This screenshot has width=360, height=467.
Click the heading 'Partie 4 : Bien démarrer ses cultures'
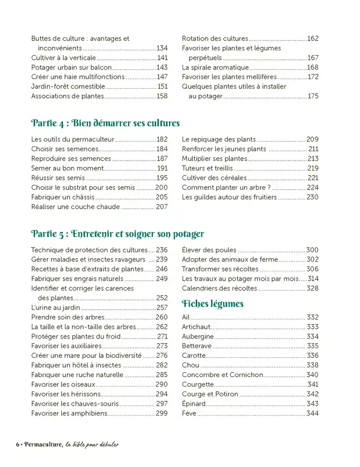pyautogui.click(x=105, y=124)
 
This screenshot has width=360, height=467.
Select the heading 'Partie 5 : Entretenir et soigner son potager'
pyautogui.click(x=117, y=234)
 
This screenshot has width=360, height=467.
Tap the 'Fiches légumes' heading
pyautogui.click(x=212, y=304)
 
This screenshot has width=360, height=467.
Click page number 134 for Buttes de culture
pyautogui.click(x=162, y=48)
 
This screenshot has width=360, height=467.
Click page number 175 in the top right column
pyautogui.click(x=313, y=96)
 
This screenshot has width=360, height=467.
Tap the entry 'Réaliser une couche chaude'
pyautogui.click(x=75, y=206)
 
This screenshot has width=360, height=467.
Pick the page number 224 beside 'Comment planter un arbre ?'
pyautogui.click(x=313, y=187)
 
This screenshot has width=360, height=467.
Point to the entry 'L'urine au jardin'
pyautogui.click(x=56, y=308)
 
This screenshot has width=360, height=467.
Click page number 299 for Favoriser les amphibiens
pyautogui.click(x=162, y=413)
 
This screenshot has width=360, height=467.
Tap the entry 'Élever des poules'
pyautogui.click(x=209, y=250)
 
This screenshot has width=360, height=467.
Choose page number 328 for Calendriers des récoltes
pyautogui.click(x=312, y=289)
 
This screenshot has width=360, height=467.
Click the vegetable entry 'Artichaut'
pyautogui.click(x=197, y=327)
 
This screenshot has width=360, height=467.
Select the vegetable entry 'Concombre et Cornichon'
pyautogui.click(x=222, y=375)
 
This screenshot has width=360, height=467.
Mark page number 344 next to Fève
pyautogui.click(x=312, y=413)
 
